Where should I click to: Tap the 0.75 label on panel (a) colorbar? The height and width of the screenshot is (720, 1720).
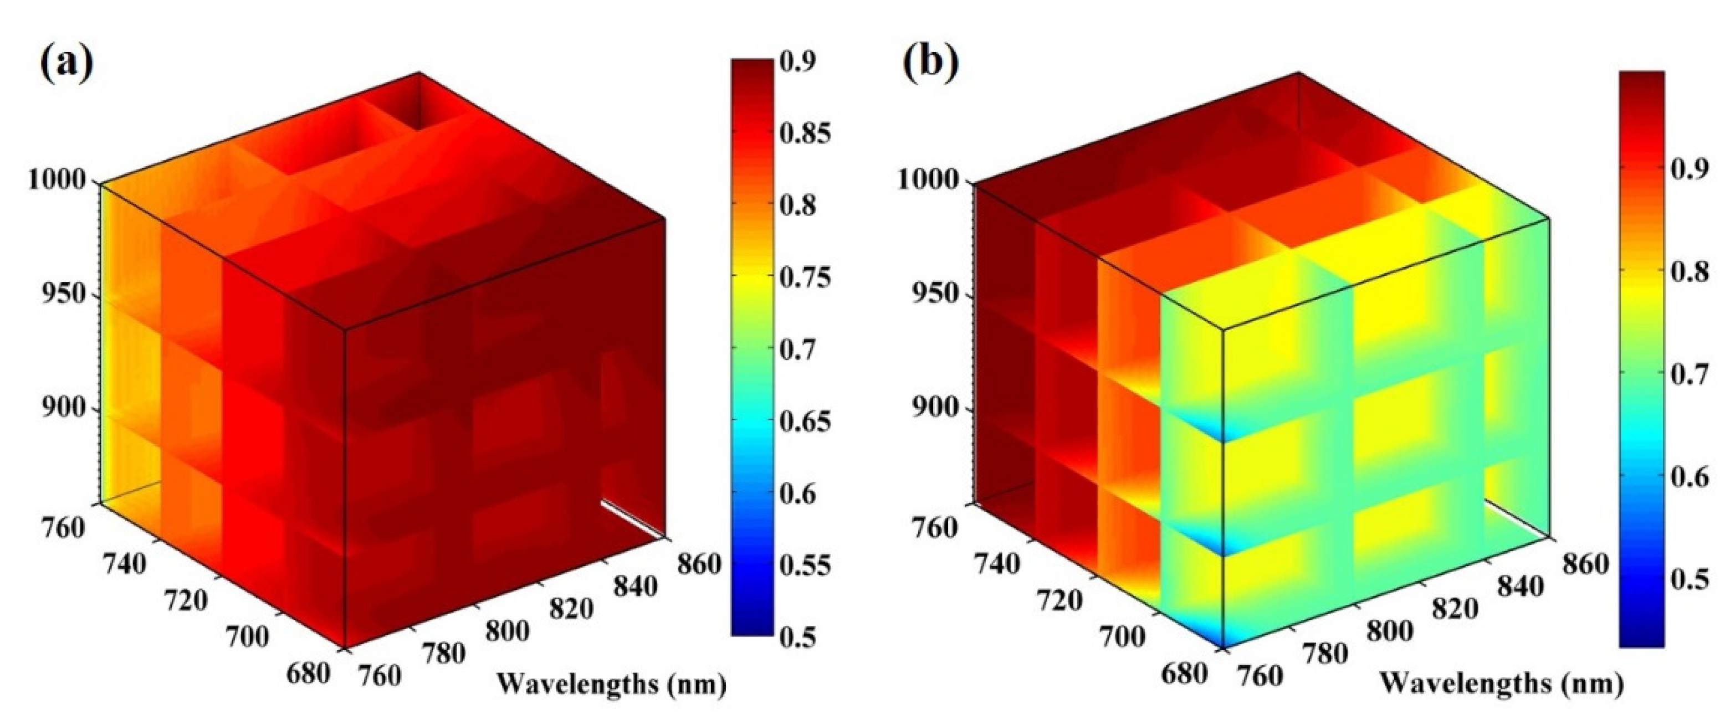[805, 277]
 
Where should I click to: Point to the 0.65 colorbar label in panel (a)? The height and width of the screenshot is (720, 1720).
[805, 421]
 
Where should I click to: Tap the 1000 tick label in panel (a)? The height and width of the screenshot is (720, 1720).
[57, 179]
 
